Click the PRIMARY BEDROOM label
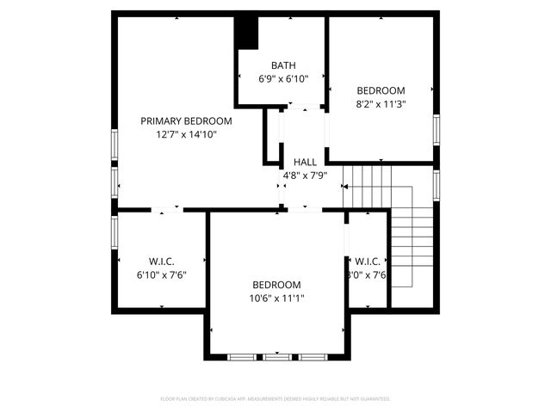tap(187, 120)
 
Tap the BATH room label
tap(283, 65)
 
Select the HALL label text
tap(305, 162)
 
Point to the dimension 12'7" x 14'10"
tap(187, 134)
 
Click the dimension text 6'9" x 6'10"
tap(283, 78)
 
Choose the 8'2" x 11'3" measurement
tap(381, 104)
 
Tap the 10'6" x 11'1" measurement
tap(276, 299)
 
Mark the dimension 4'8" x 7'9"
tap(305, 176)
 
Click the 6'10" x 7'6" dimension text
tap(162, 274)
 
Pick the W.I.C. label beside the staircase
tap(368, 262)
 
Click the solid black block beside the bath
tap(247, 33)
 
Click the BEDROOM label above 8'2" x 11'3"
tap(381, 90)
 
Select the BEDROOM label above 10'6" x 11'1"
tap(276, 285)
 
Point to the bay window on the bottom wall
tap(276, 355)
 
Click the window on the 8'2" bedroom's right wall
tap(436, 129)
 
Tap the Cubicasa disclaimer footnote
tap(275, 398)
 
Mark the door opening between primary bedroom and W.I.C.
tap(166, 209)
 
